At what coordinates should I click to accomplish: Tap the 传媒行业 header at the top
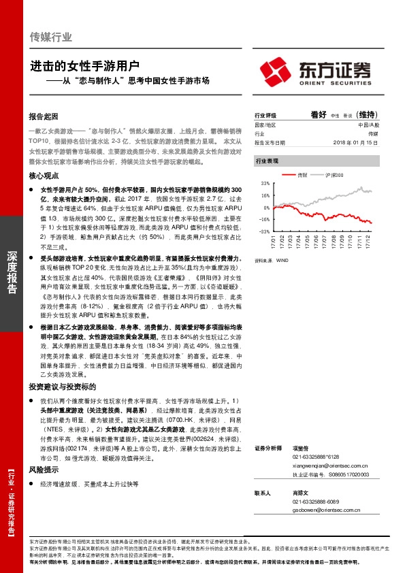[51, 37]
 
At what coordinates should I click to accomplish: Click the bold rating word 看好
[319, 115]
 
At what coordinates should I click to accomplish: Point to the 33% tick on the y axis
[265, 183]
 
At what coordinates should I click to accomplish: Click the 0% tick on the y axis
[268, 208]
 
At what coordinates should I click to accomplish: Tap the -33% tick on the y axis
[265, 231]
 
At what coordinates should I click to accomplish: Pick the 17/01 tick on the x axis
[274, 242]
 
